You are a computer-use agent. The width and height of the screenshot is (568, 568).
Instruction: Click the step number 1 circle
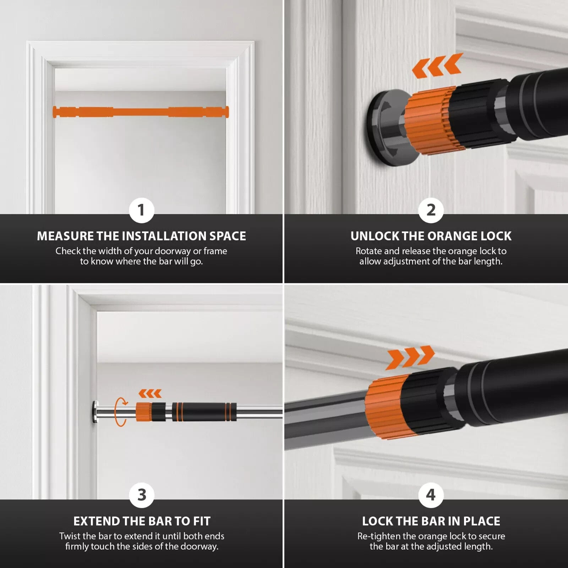141,210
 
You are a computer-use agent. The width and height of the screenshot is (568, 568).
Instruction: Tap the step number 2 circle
431,210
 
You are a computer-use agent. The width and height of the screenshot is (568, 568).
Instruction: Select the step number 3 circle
141,495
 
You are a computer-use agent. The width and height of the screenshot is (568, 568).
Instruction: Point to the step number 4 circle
431,495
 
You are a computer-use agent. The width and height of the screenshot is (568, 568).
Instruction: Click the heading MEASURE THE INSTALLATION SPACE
141,236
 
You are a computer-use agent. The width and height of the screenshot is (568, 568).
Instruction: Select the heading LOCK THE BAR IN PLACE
431,521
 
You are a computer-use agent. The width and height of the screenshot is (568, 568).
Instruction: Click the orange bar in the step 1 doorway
141,111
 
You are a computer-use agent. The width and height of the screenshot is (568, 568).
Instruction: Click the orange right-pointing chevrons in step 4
410,357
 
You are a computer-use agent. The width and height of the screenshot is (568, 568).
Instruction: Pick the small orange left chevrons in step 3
150,394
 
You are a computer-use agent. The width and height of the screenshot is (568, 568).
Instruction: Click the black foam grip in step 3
204,412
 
